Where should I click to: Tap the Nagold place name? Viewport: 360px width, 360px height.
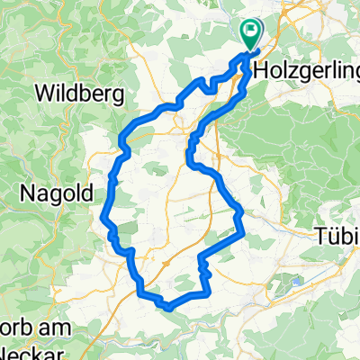(53, 192)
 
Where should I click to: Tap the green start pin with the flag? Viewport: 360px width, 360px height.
(251, 34)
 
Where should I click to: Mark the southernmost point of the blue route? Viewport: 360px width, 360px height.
(167, 307)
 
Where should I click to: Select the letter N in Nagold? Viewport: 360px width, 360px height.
(28, 192)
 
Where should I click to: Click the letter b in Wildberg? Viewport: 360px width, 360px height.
(83, 91)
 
